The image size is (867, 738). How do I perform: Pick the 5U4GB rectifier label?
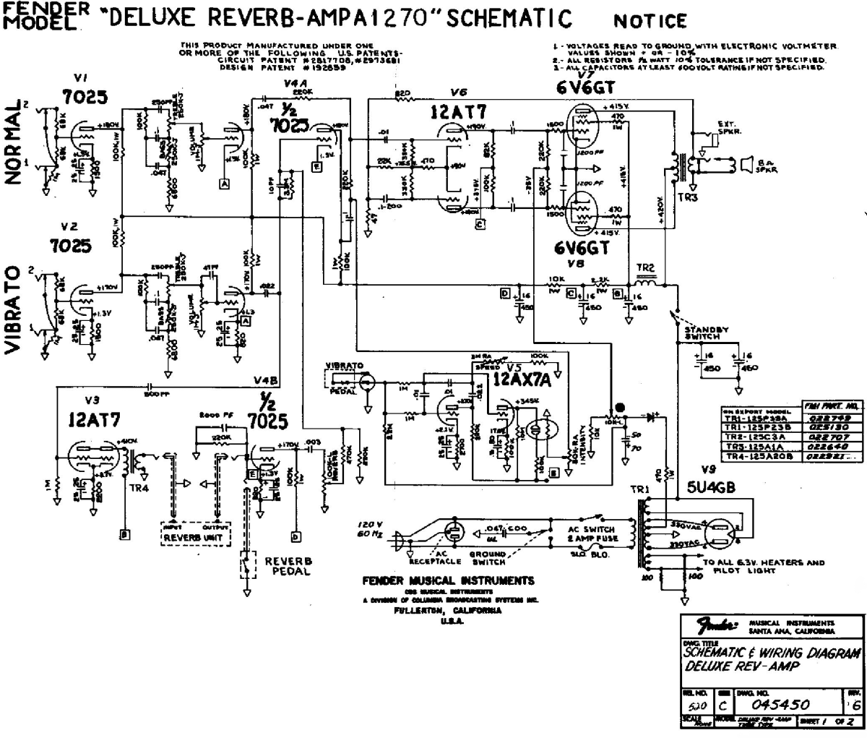[711, 487]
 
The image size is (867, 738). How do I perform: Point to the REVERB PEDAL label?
[288, 566]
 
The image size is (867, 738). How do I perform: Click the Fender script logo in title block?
[714, 626]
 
